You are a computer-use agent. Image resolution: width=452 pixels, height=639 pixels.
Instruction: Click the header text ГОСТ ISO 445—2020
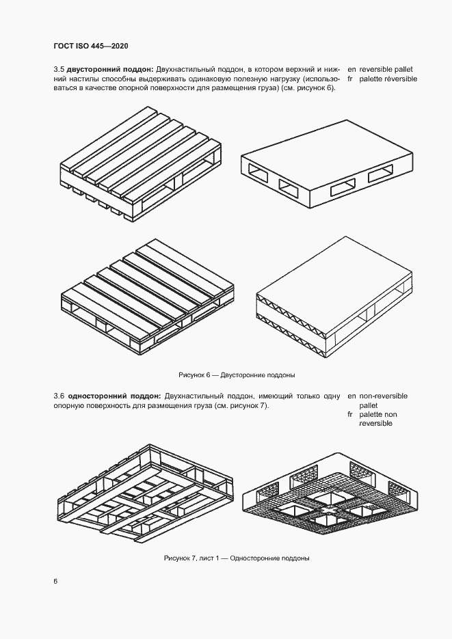(91, 46)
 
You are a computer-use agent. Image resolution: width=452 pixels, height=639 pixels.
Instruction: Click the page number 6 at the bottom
(55, 581)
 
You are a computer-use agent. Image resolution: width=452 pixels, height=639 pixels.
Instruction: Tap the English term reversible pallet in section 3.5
(386, 69)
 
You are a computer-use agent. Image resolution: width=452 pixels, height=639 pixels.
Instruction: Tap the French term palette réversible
(388, 79)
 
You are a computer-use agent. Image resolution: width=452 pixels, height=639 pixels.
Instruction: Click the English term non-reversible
(383, 396)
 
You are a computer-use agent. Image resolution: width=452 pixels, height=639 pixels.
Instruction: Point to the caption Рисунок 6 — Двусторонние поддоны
(237, 376)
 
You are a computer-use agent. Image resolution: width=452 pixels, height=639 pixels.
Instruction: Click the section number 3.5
(59, 69)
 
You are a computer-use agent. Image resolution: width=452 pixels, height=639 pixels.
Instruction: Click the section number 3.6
(59, 396)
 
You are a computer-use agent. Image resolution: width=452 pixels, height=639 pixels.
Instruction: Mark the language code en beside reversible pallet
(352, 69)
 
